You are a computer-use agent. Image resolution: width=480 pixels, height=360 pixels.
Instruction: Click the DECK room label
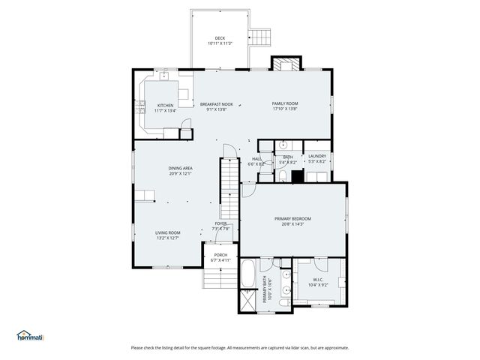click(220, 38)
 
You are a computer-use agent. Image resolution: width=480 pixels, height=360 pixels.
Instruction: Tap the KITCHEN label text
click(165, 105)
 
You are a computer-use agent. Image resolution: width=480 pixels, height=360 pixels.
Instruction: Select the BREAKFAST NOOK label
click(216, 104)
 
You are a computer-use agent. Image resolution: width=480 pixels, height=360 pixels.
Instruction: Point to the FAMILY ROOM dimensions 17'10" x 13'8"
click(285, 109)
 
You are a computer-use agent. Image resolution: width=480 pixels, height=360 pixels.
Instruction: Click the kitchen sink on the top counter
click(163, 75)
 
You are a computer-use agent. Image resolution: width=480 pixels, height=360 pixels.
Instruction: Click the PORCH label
click(220, 255)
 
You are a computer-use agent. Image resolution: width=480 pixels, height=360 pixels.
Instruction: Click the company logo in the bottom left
click(30, 335)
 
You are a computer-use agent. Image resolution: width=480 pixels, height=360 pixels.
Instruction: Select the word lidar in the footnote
click(290, 347)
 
